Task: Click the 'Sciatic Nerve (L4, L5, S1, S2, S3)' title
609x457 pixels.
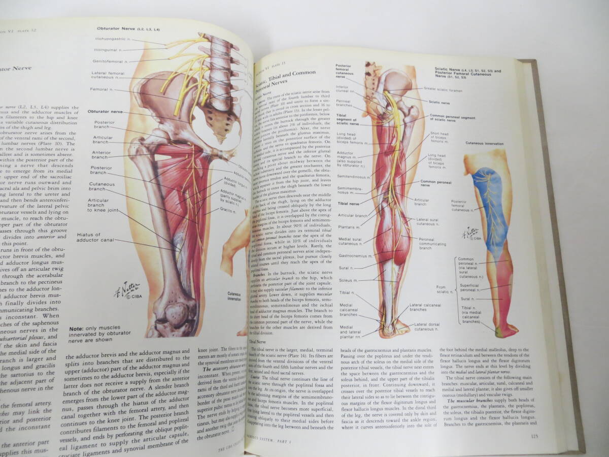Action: tap(467, 72)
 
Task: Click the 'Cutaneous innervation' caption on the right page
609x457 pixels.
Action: tap(484, 144)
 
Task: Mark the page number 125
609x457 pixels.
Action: tap(533, 436)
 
